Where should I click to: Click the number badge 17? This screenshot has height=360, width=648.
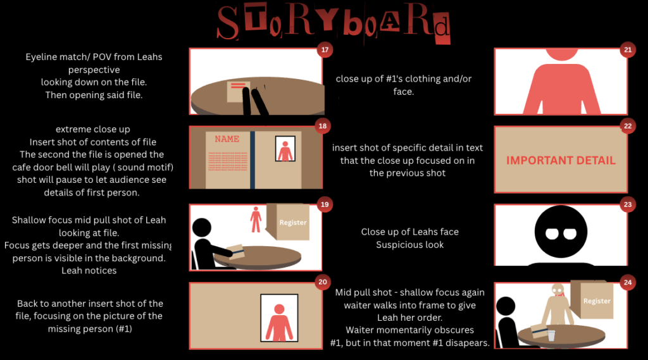(x=325, y=50)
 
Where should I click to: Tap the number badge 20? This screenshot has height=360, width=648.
(x=323, y=282)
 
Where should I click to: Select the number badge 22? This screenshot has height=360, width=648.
(x=628, y=126)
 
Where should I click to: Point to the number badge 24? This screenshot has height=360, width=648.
(x=628, y=283)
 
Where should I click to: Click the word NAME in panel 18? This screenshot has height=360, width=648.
(x=227, y=139)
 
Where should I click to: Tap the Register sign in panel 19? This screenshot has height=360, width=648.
(x=292, y=222)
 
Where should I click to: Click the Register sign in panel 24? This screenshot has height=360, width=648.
(x=597, y=301)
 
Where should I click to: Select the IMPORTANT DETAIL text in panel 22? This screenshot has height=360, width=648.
(x=561, y=160)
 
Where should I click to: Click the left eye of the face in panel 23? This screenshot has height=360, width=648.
(x=552, y=234)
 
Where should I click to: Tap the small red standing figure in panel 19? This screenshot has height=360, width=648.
(x=256, y=220)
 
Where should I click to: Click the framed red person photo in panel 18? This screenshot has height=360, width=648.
(x=285, y=149)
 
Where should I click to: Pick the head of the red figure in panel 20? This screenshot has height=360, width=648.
(x=279, y=309)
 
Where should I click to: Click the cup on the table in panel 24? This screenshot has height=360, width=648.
(x=551, y=335)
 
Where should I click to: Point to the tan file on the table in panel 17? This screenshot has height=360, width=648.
(x=239, y=92)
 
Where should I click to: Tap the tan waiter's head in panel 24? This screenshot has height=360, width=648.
(x=558, y=290)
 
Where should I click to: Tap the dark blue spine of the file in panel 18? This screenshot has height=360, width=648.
(x=252, y=160)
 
